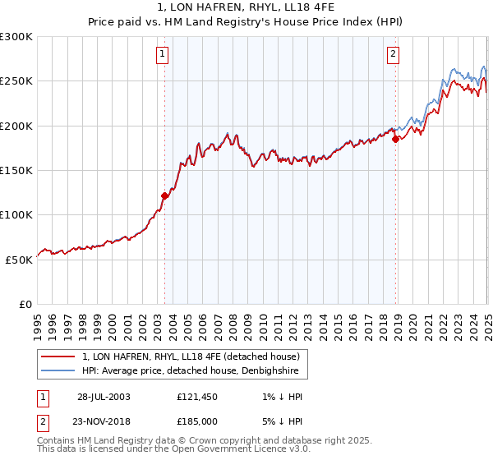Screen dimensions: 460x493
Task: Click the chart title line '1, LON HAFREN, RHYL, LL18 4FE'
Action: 246,7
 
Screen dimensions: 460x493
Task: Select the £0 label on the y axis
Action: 25,304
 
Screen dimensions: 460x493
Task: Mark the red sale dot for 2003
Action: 164,195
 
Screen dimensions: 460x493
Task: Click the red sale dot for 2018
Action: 395,139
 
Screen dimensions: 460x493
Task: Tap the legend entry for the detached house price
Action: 191,356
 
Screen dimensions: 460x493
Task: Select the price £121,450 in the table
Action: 197,397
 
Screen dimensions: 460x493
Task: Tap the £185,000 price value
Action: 197,421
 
